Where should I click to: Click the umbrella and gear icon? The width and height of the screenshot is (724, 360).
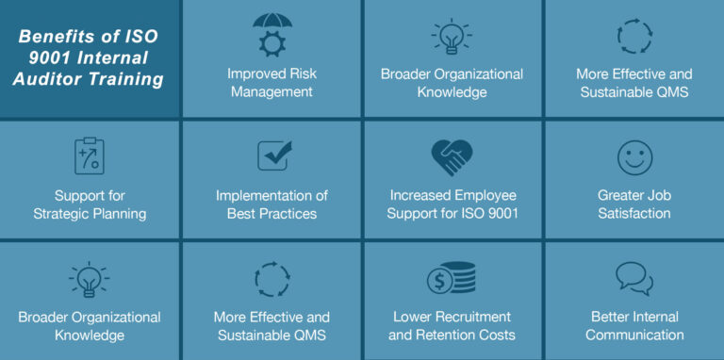[271, 35]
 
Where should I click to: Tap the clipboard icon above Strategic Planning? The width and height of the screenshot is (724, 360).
[90, 155]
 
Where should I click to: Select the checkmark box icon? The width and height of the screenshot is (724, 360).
[273, 155]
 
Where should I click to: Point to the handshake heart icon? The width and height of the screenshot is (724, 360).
[452, 156]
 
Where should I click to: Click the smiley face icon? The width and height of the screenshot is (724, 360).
[634, 156]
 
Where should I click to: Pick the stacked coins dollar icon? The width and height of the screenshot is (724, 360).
[452, 279]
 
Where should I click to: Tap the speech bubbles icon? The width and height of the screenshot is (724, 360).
[634, 279]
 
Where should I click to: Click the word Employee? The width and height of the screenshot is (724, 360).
[482, 195]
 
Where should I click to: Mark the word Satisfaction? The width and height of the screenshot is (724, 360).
[634, 213]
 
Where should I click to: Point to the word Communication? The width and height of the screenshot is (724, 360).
[634, 335]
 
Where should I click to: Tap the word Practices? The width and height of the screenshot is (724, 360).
[287, 213]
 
